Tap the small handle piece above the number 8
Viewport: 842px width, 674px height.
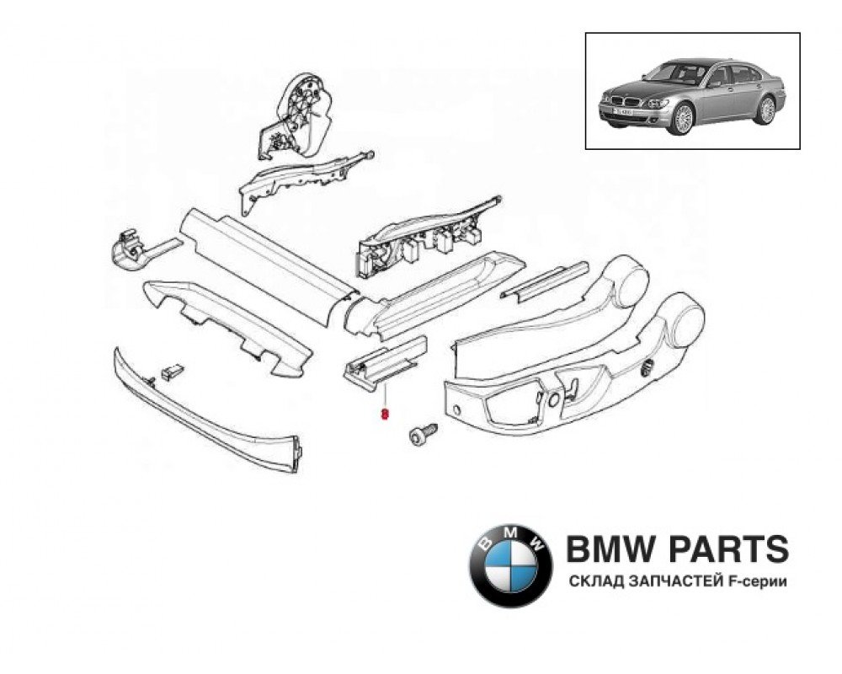coord(383,360)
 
